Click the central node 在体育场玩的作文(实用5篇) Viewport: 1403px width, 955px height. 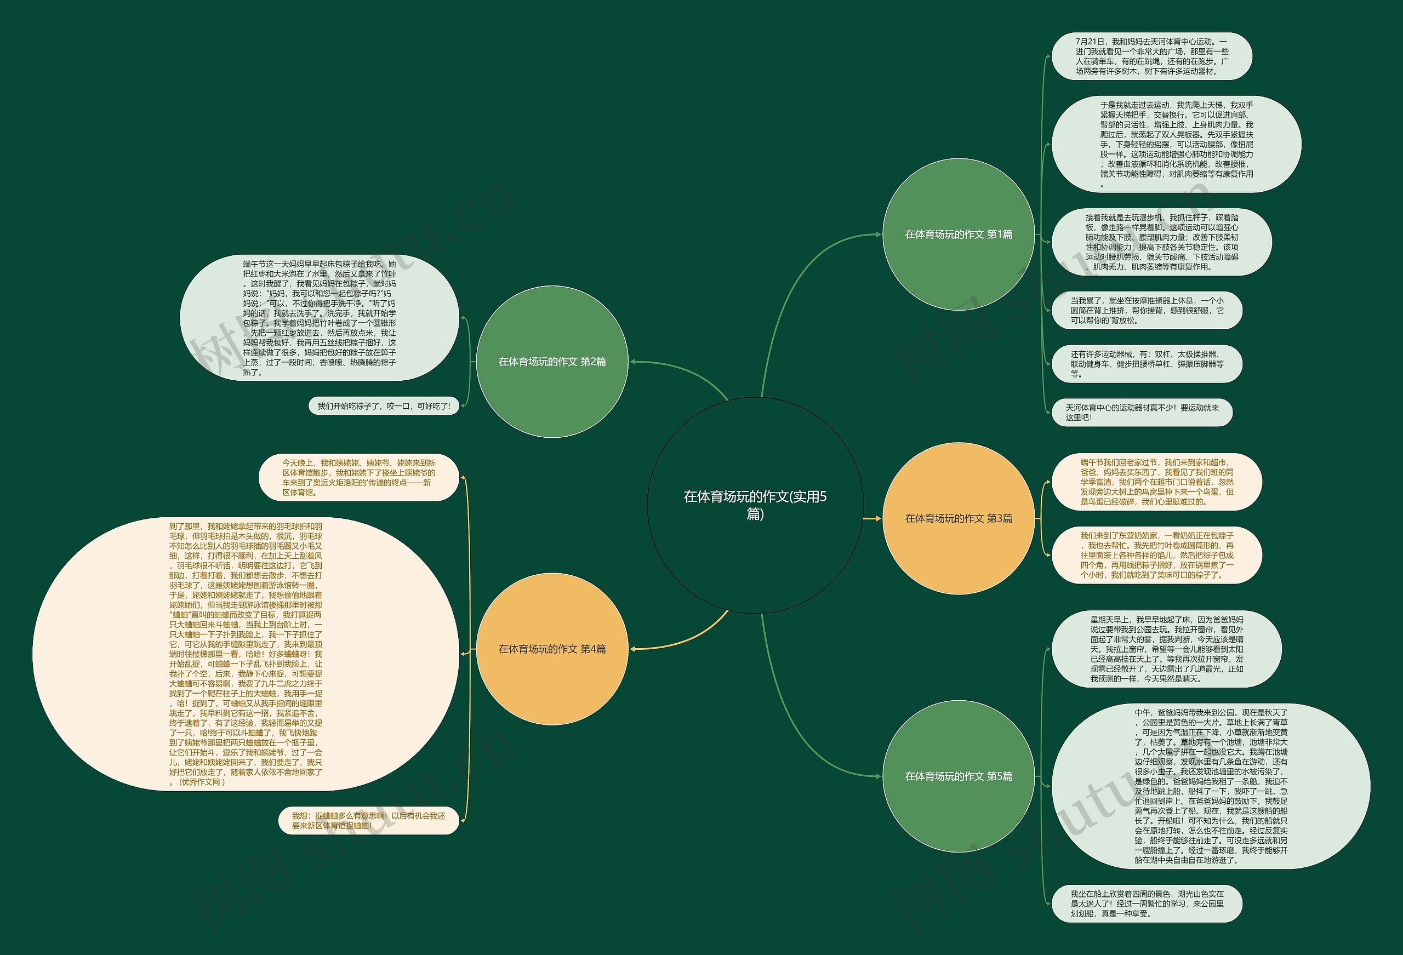pyautogui.click(x=755, y=505)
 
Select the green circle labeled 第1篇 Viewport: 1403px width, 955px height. pyautogui.click(x=958, y=234)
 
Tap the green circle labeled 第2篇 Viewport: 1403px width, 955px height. pyautogui.click(x=552, y=362)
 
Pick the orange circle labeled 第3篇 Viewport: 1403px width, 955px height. pyautogui.click(x=958, y=518)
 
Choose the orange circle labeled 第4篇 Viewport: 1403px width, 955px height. pyautogui.click(x=552, y=649)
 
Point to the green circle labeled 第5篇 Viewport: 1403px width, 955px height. pyautogui.click(x=958, y=776)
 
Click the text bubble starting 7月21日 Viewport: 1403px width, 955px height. pyautogui.click(x=1151, y=56)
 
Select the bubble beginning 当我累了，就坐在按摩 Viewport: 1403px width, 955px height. pyautogui.click(x=1147, y=310)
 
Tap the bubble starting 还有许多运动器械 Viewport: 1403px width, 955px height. pyautogui.click(x=1147, y=363)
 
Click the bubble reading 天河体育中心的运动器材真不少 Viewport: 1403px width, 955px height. pyautogui.click(x=1141, y=413)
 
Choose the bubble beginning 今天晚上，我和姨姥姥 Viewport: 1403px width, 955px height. pyautogui.click(x=358, y=478)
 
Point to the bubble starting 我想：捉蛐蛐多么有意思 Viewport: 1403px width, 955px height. pyautogui.click(x=368, y=820)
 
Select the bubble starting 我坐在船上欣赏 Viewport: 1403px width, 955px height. pyautogui.click(x=1147, y=903)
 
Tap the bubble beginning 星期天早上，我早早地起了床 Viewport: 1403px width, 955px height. pyautogui.click(x=1166, y=649)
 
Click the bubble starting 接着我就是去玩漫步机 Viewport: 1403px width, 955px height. pyautogui.click(x=1161, y=242)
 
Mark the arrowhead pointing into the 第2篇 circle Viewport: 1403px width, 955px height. pyautogui.click(x=634, y=362)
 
